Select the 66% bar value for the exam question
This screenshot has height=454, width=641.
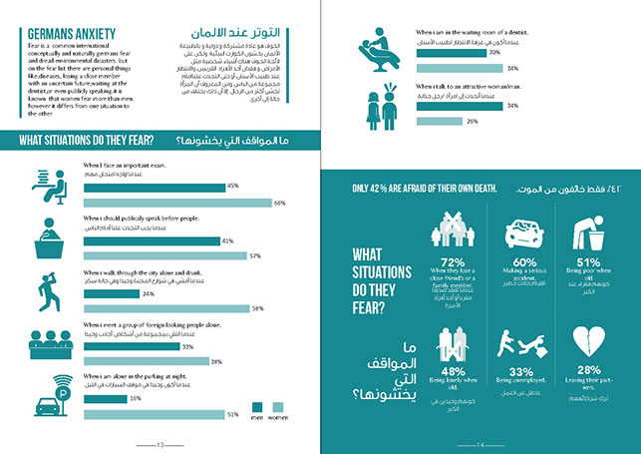click(x=280, y=203)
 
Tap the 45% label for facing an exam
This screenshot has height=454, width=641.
click(x=232, y=186)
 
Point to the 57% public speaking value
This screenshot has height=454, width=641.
click(x=256, y=255)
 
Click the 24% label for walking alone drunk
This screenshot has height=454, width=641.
click(x=149, y=294)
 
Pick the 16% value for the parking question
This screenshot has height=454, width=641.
click(x=136, y=398)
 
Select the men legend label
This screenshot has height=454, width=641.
click(x=258, y=420)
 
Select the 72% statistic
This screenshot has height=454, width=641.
click(x=456, y=263)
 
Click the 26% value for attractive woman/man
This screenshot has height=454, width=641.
click(x=472, y=121)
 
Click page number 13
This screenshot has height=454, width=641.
click(x=166, y=445)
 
